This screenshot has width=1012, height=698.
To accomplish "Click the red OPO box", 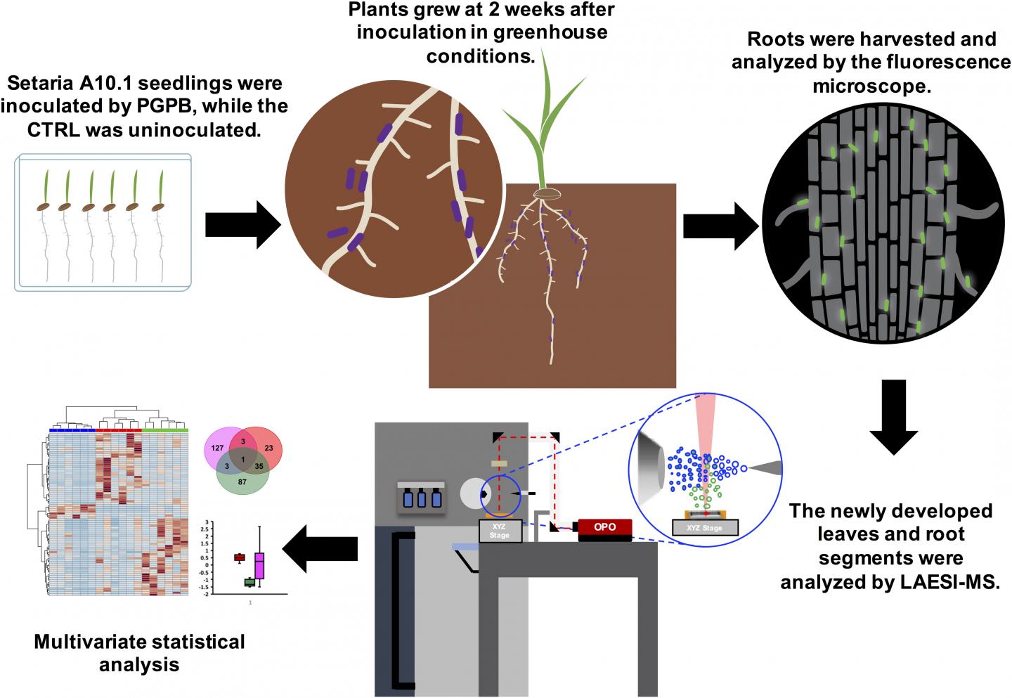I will [x=605, y=526].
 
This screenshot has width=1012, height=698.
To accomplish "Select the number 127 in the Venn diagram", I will [x=217, y=448].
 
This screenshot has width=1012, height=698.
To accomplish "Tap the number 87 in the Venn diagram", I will [x=242, y=482].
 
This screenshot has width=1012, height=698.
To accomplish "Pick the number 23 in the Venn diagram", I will [x=268, y=448].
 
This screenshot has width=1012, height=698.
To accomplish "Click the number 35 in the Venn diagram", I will [x=259, y=465].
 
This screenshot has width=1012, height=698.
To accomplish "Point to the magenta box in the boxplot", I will [x=259, y=565].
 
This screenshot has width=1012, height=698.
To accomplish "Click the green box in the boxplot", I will [x=249, y=581].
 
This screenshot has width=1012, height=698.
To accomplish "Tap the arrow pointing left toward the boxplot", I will [x=323, y=548].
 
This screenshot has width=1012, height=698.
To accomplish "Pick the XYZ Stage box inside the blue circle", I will [x=705, y=527].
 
